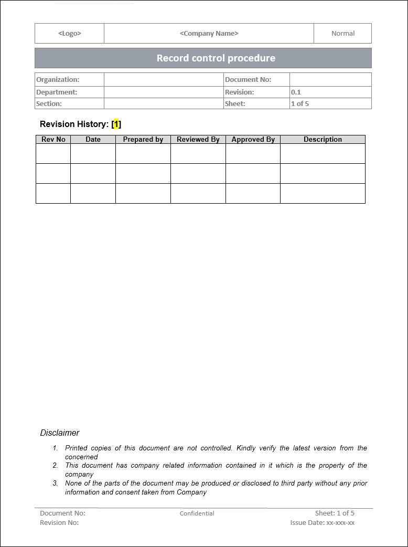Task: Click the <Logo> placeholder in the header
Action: point(70,34)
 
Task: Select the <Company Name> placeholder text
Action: point(209,34)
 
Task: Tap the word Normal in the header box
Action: point(343,34)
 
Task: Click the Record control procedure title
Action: point(216,58)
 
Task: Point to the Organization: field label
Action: point(58,80)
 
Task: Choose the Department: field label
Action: point(57,92)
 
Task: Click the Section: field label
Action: point(49,103)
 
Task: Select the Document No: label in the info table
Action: point(248,80)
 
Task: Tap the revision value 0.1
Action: point(296,92)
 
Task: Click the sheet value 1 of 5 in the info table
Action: point(300,103)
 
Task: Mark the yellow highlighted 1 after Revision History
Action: point(116,124)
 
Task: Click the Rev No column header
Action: point(53,140)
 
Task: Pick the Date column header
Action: point(93,140)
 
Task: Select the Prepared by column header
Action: point(143,140)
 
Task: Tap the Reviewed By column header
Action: point(198,140)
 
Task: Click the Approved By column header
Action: point(253,140)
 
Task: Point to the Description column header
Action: point(323,140)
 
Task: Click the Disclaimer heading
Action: point(60,433)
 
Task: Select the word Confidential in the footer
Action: point(197,513)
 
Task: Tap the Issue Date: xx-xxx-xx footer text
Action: point(323,523)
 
